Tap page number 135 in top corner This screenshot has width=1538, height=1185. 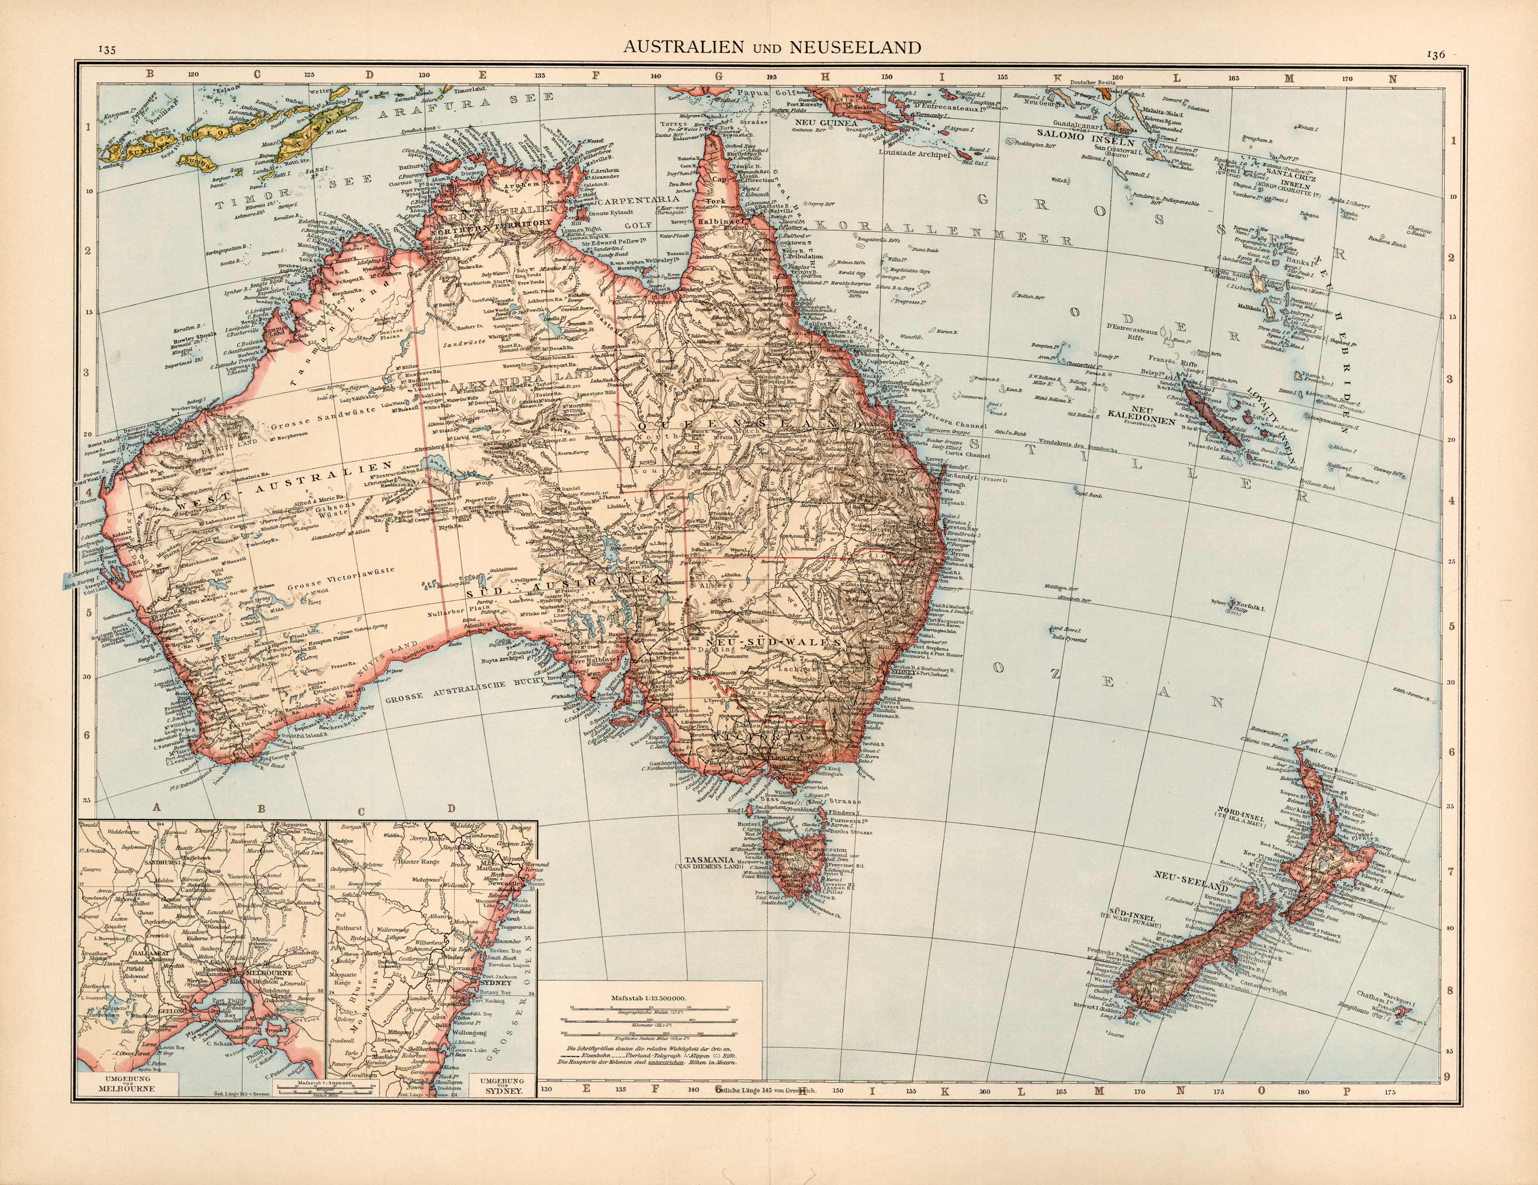107,50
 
